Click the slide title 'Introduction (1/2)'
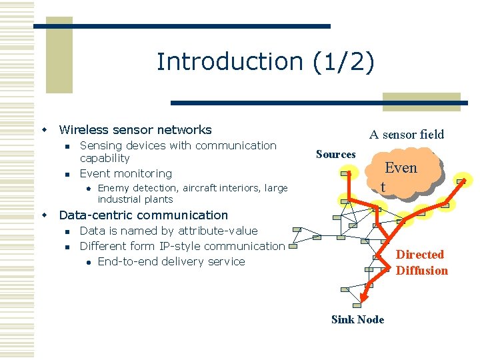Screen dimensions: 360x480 coord(265,61)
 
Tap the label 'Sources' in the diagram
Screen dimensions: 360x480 coord(335,155)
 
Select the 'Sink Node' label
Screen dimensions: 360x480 coord(357,319)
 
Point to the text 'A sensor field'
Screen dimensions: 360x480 coord(407,135)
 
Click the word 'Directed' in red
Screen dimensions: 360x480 coord(419,255)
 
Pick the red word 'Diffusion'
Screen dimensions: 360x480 coord(422,270)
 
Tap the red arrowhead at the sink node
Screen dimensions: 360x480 coord(364,298)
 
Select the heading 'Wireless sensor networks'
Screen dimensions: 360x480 coord(135,130)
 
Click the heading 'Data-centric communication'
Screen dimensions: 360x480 coord(143,215)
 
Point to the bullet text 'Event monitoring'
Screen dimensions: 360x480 coord(125,173)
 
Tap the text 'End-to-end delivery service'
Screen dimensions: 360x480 coord(171,261)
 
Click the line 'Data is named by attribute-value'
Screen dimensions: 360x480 coord(168,231)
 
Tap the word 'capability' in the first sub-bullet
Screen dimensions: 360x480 coord(105,158)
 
